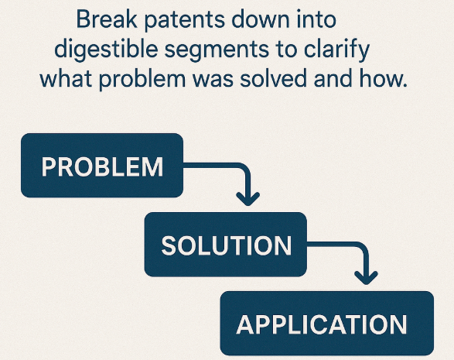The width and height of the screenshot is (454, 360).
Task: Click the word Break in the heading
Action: pos(107,19)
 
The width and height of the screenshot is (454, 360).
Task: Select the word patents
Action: pos(184,21)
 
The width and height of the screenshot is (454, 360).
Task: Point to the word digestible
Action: pos(106,50)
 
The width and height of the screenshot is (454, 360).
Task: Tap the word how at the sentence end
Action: pos(383,78)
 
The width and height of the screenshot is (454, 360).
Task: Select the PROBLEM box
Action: pos(102,166)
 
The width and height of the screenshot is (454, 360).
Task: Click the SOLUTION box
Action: pos(226,245)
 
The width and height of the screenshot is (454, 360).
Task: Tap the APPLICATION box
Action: pos(327,323)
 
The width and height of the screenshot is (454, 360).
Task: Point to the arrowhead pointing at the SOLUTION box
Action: pos(247,199)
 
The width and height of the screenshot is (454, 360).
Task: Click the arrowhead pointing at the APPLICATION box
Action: pos(367,278)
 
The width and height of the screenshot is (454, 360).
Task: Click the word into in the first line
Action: pos(316,19)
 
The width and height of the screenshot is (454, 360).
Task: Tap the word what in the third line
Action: pos(66,78)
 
